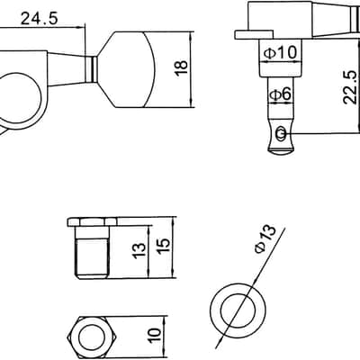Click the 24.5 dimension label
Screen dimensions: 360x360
[x=39, y=19]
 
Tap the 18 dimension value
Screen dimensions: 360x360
[x=182, y=68]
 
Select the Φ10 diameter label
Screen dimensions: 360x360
[x=280, y=52]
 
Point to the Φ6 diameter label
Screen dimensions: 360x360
[x=281, y=94]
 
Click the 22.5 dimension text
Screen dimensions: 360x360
[x=349, y=87]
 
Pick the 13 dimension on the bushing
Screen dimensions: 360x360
[x=139, y=251]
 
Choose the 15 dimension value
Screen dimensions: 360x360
[x=164, y=247]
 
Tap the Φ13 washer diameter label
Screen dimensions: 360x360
[x=265, y=239]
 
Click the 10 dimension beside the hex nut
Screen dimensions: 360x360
[x=155, y=335]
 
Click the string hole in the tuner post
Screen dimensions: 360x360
[x=281, y=133]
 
